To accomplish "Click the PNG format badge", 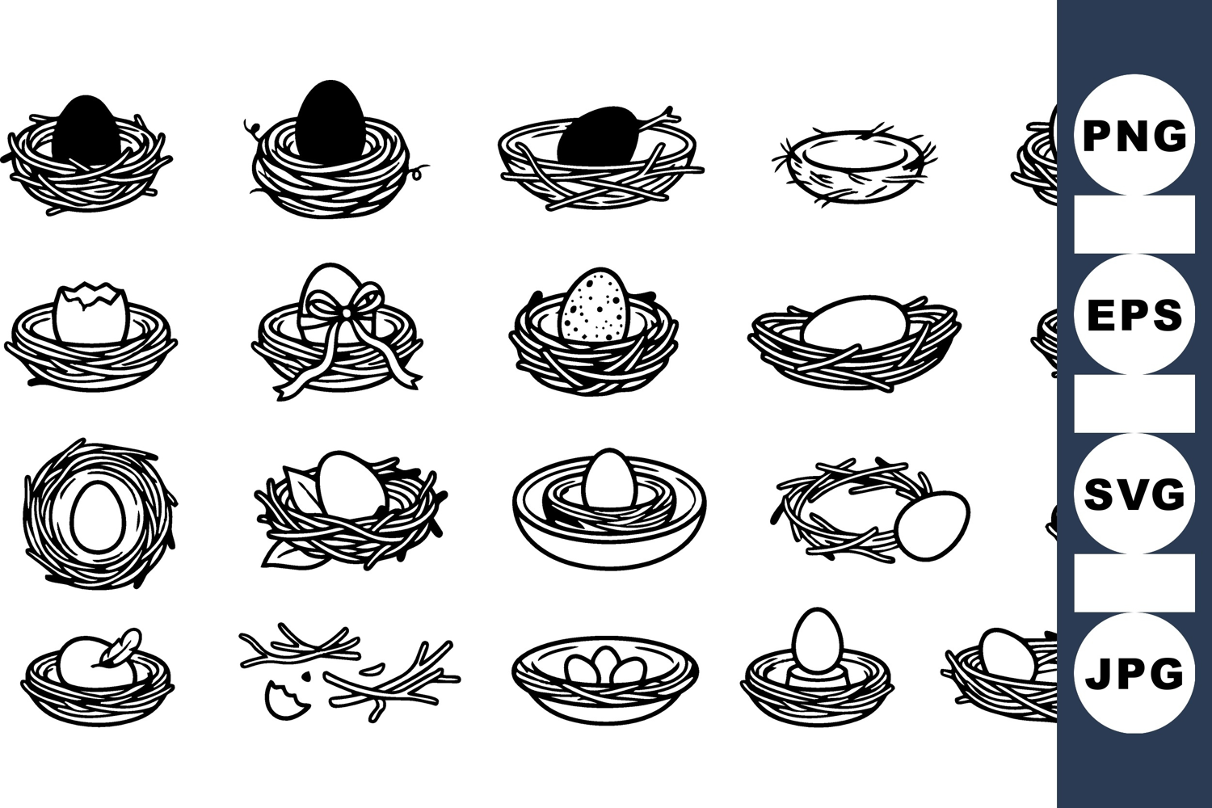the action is [x=1134, y=135].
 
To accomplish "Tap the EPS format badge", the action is [x=1134, y=314].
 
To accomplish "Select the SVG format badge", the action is [x=1134, y=493].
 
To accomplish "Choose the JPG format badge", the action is [x=1134, y=673].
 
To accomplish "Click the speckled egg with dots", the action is [x=594, y=305].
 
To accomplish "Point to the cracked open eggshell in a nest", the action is [x=91, y=312].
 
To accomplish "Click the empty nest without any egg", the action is [x=854, y=166].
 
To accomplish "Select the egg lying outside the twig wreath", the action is [x=931, y=525].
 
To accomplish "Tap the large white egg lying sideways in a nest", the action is [x=854, y=321].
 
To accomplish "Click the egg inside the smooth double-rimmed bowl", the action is [x=610, y=478].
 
